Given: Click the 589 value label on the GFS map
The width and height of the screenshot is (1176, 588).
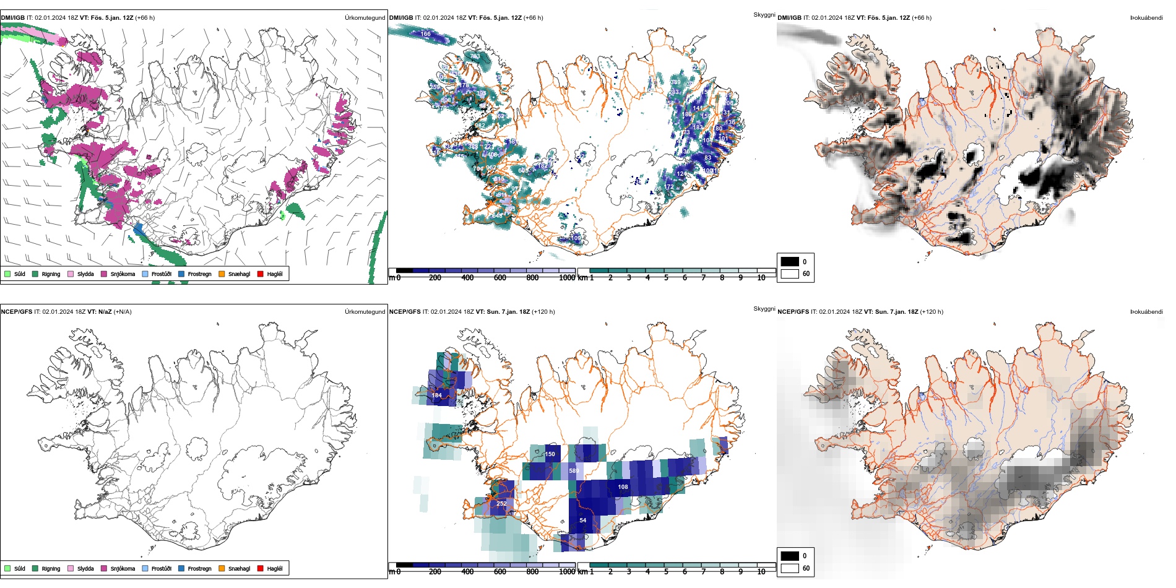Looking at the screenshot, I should [x=574, y=471].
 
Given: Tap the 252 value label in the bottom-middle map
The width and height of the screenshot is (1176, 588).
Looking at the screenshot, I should [x=501, y=503].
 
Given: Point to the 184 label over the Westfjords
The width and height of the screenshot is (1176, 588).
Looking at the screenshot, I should [x=437, y=395].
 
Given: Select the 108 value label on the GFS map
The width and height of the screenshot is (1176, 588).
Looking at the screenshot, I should [x=623, y=487].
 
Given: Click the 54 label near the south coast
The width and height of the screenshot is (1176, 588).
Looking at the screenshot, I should [x=582, y=521].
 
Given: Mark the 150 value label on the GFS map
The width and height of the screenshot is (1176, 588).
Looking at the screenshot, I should [x=550, y=454].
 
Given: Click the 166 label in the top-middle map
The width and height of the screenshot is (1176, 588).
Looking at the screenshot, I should [x=425, y=34].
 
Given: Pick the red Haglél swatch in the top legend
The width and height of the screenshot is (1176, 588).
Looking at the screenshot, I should [x=261, y=274].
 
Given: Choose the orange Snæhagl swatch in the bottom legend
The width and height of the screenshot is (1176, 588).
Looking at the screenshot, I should [x=222, y=568].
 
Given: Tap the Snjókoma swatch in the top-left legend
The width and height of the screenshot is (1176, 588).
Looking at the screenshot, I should [x=104, y=274].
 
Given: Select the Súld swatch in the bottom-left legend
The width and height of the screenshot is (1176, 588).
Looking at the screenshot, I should [x=7, y=568].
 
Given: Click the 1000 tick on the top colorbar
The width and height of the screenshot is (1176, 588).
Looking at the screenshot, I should [x=567, y=278].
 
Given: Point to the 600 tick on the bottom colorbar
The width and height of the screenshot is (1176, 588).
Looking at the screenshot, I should [x=499, y=572].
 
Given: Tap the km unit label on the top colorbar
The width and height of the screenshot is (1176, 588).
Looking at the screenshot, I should [x=582, y=278].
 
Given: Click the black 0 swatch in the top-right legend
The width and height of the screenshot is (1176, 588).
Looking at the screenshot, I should [x=790, y=262].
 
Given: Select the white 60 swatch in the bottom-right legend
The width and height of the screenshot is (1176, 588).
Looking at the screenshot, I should [x=790, y=568].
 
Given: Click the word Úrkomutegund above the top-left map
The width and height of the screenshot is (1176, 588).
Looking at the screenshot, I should [x=365, y=18].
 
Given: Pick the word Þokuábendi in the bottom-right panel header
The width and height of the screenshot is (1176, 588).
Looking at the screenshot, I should [x=1146, y=312].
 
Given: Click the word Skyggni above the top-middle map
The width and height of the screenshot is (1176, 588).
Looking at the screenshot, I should [x=764, y=15].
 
